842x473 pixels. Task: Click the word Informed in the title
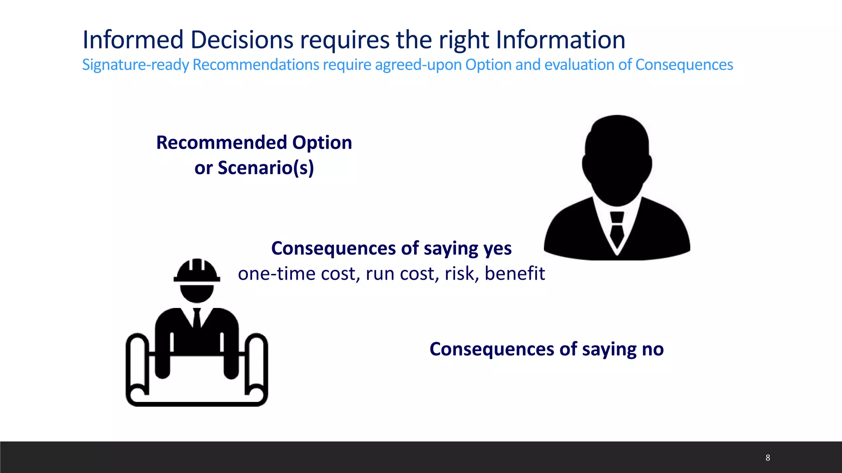point(133,40)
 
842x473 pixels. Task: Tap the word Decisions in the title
point(242,40)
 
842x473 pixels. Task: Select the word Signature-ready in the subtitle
point(135,65)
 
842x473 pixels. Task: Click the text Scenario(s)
point(266,168)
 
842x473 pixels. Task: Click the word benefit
point(515,273)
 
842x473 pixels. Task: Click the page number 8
point(768,458)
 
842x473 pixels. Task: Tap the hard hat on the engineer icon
point(197,271)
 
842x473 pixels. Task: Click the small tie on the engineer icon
point(197,318)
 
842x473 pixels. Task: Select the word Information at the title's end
point(560,40)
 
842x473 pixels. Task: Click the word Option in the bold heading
point(322,142)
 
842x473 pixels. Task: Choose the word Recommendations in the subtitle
point(256,65)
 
